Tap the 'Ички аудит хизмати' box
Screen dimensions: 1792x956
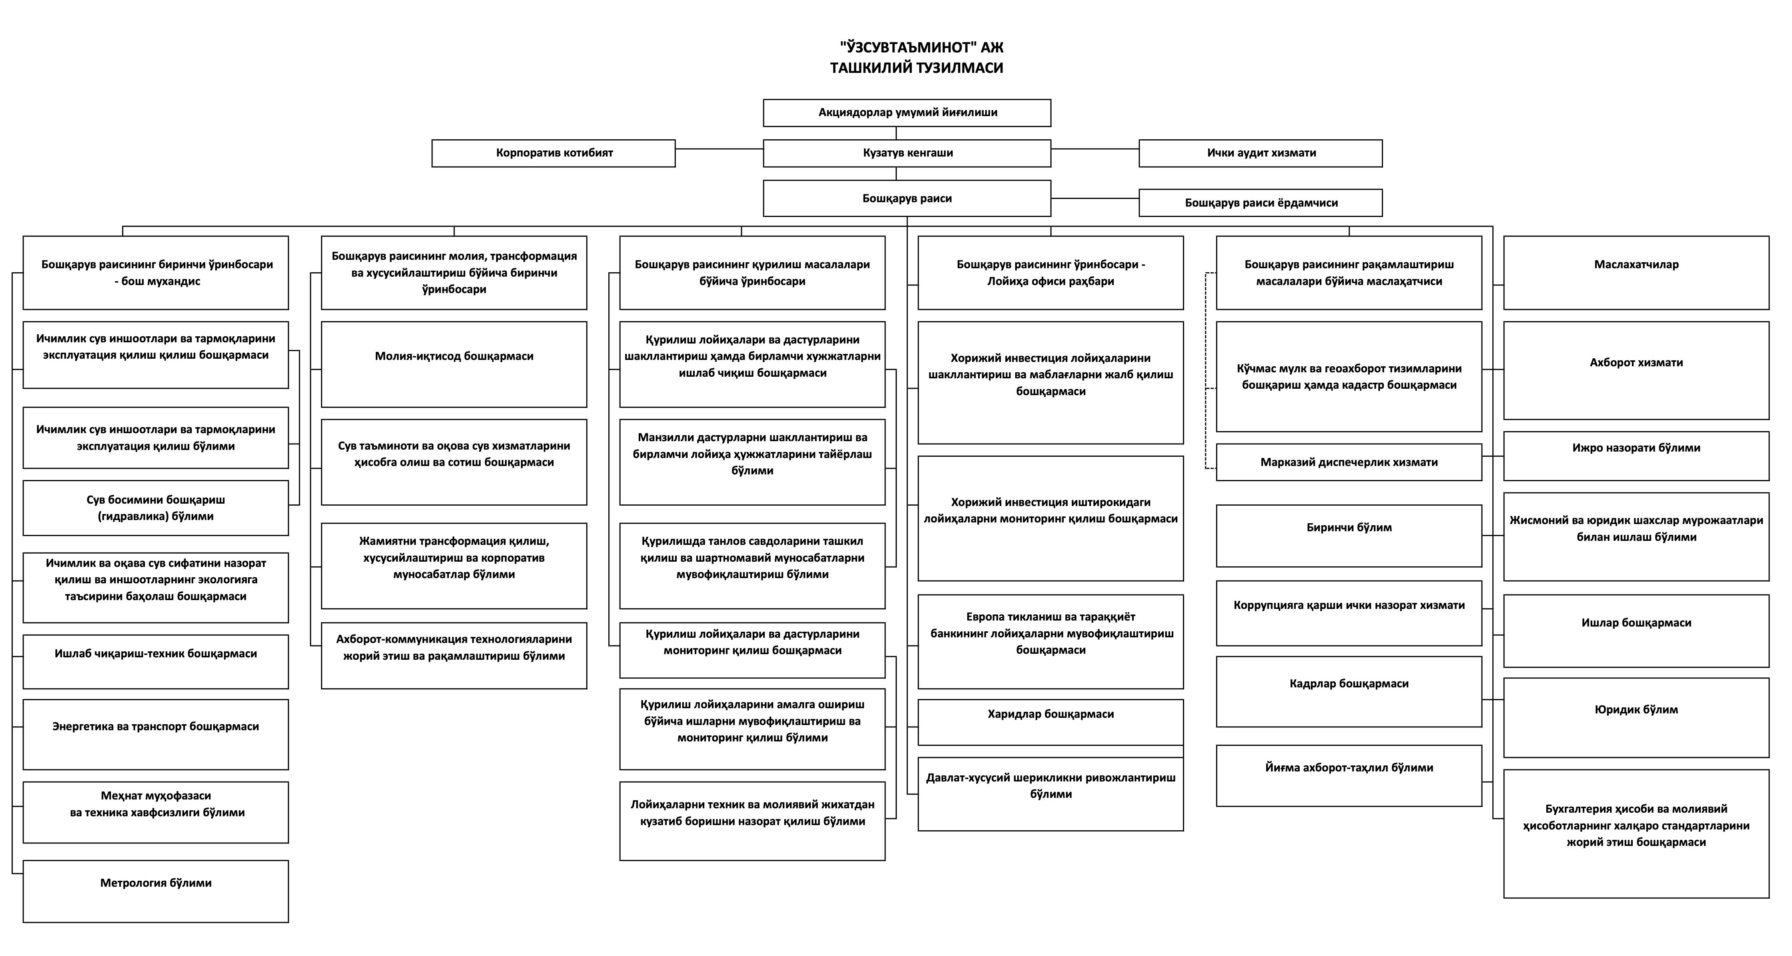(1261, 153)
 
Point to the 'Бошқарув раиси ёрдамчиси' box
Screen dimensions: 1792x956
(1261, 203)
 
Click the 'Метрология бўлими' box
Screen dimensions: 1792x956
(156, 891)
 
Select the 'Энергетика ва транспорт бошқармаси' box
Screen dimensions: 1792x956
(156, 734)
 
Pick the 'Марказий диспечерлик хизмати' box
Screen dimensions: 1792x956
(1349, 462)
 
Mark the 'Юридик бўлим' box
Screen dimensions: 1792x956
(1636, 717)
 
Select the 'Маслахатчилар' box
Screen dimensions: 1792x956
(1636, 273)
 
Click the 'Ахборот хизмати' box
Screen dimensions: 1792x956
(1636, 370)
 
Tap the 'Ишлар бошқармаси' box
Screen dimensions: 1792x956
(1636, 631)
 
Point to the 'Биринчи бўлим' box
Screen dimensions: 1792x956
(1349, 536)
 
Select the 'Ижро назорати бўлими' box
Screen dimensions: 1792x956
(1636, 456)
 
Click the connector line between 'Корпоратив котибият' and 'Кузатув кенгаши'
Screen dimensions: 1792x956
(719, 149)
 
